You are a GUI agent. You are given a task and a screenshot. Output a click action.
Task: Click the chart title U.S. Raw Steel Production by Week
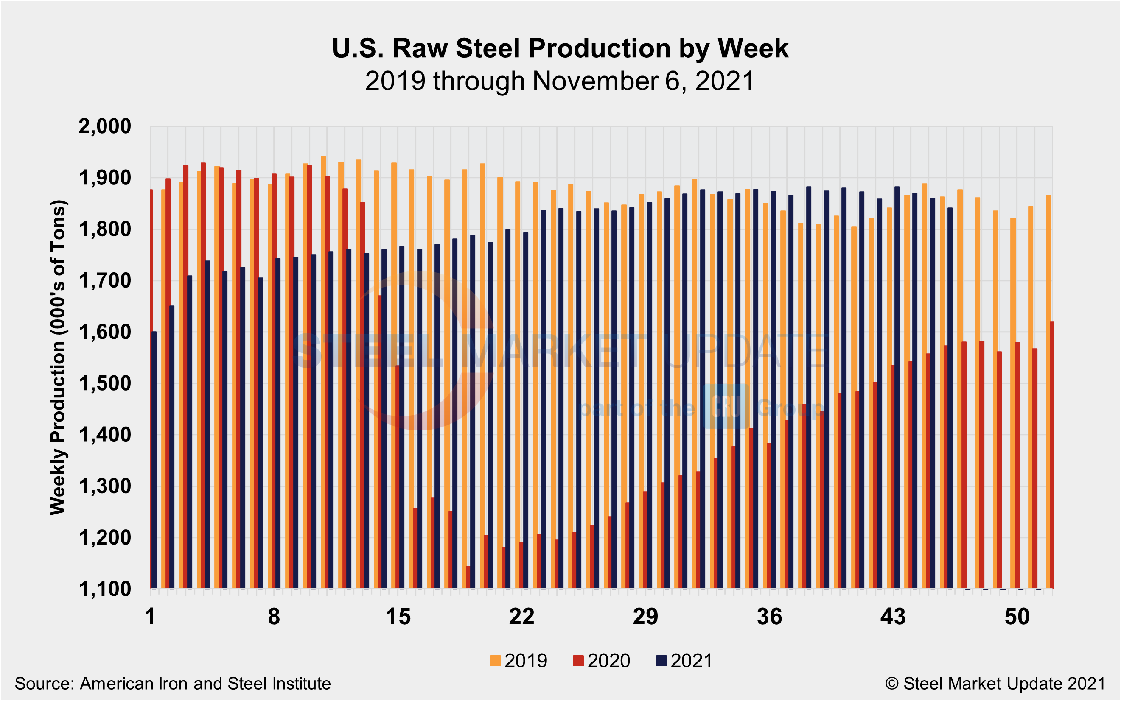tap(560, 48)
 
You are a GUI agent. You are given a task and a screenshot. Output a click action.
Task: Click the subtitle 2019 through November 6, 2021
tap(560, 81)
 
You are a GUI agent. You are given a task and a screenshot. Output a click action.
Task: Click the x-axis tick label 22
tap(522, 617)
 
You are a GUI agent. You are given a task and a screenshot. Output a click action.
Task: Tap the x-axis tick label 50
tap(1017, 617)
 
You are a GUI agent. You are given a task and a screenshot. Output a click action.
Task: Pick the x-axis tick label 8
tap(274, 617)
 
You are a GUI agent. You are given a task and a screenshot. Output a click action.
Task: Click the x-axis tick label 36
tap(769, 617)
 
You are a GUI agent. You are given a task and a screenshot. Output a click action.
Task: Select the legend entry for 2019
tap(518, 661)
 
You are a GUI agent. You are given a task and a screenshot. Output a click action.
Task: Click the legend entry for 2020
tap(602, 661)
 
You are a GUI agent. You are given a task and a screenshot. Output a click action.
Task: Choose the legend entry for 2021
tap(684, 661)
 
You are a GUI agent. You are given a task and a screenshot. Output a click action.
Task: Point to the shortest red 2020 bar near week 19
tap(468, 577)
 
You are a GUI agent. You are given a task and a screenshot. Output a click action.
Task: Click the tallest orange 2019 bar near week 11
tap(323, 371)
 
